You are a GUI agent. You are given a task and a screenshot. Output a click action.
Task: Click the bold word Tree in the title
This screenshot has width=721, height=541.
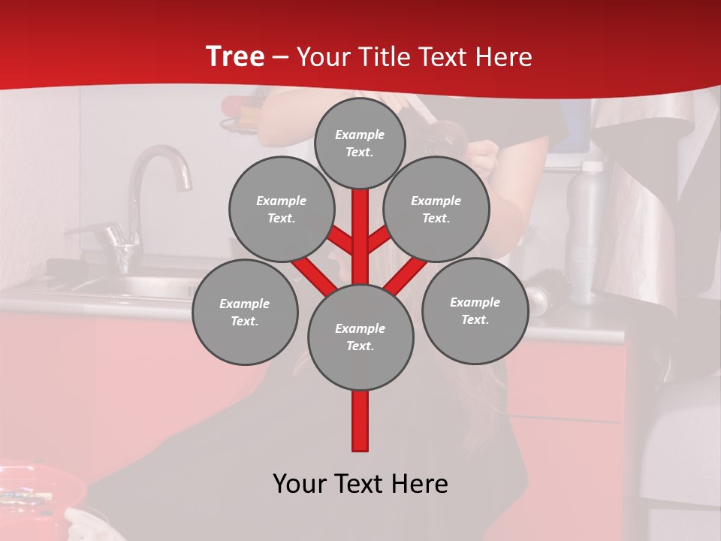click(235, 56)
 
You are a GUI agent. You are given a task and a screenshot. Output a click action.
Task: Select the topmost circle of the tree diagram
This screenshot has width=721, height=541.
click(360, 143)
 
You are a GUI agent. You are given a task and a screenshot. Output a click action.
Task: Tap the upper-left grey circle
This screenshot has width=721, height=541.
click(281, 209)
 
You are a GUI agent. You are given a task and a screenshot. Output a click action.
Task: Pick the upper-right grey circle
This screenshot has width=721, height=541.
click(436, 209)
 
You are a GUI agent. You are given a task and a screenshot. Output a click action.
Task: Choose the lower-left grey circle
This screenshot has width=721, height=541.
click(245, 312)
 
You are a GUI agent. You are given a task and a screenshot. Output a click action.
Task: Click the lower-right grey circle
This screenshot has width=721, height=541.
click(475, 310)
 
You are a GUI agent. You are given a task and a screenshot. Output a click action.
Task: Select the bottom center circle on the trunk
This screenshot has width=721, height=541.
click(360, 337)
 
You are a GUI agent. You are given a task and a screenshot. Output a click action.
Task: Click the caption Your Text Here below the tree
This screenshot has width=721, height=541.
click(360, 484)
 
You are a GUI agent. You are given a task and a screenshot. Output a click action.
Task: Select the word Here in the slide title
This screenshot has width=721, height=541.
click(503, 56)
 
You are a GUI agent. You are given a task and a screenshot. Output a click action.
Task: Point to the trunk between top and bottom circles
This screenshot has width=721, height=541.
click(360, 240)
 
